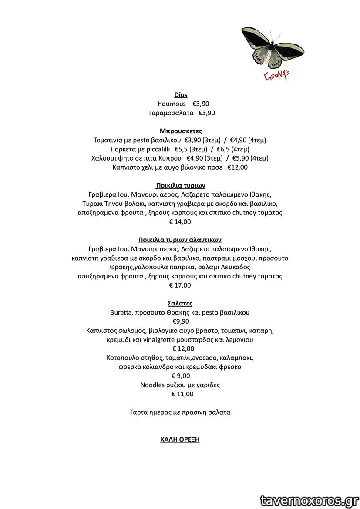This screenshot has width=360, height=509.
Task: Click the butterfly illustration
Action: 272,47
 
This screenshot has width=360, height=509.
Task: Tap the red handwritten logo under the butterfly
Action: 276,76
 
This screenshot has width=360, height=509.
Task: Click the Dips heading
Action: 181,95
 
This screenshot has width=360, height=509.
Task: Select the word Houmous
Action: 172,104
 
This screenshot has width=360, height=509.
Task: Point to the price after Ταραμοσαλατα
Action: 207,113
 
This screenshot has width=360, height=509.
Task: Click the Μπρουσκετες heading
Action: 181,131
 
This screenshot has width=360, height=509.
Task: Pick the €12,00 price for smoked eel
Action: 237,167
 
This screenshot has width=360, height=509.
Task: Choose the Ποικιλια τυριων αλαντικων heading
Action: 180,240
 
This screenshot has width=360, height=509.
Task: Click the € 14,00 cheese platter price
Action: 180,222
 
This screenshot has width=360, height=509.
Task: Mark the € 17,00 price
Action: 180,285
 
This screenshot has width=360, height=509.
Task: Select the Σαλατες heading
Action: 180,304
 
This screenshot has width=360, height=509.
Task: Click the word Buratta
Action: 121,312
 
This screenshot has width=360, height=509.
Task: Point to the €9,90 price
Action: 181,321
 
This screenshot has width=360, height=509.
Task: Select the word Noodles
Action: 152,385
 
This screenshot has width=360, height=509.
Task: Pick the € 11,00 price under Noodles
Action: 182,394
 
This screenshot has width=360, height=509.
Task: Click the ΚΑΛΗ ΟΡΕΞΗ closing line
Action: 180,439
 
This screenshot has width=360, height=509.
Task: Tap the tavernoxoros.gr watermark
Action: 309,501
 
